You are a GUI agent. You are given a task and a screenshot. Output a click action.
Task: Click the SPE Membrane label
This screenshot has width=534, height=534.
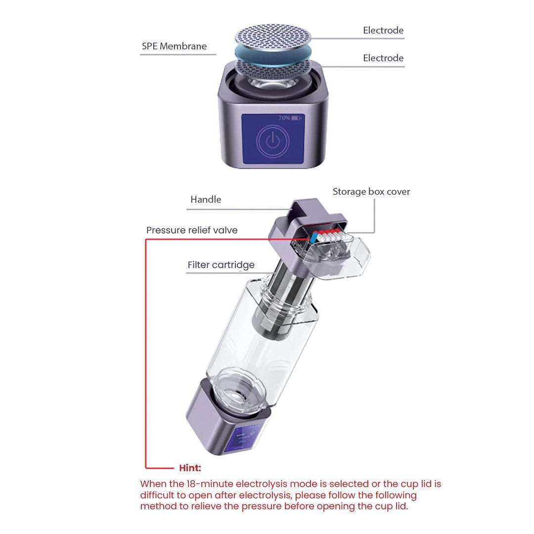pos(174,46)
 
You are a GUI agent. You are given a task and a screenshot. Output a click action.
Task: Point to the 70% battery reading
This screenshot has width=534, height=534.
pos(284,118)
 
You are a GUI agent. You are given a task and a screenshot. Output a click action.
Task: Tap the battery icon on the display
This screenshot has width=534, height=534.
pos(297,118)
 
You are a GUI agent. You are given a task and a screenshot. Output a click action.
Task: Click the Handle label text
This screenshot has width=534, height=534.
pos(206,200)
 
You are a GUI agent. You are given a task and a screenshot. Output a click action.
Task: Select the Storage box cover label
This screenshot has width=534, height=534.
pos(371,192)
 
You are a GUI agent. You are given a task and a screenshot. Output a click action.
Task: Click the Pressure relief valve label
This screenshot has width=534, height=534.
pos(192,230)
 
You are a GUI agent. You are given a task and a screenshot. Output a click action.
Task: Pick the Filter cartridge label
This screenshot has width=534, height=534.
pos(221,265)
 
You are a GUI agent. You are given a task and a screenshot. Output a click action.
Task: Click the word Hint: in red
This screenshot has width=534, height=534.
pos(190,468)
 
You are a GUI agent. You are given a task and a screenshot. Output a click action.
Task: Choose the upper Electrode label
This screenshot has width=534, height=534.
pos(383,31)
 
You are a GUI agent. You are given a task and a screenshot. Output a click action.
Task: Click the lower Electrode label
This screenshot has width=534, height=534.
pos(383,58)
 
